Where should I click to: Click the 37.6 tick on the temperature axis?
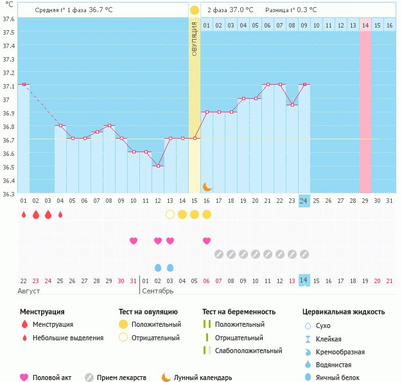[x=8, y=19]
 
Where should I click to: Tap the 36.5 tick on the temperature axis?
[x=8, y=167]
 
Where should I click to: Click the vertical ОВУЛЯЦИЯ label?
[x=195, y=38]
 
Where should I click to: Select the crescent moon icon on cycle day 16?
[x=207, y=186]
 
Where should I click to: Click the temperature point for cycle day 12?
[x=158, y=166]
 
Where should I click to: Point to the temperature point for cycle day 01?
[x=24, y=84]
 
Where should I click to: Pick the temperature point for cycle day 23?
[x=292, y=105]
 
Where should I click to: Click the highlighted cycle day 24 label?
[x=304, y=201]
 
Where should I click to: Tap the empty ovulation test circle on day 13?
[x=170, y=214]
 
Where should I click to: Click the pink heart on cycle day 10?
[x=134, y=241]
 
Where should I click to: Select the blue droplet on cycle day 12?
[x=158, y=267]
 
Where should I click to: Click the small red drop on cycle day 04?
[x=60, y=214]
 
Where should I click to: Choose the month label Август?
[x=29, y=291]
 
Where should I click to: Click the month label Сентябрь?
[x=158, y=291]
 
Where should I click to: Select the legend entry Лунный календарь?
[x=203, y=378]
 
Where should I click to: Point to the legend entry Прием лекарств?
[x=121, y=378]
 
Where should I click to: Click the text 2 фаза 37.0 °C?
[x=230, y=10]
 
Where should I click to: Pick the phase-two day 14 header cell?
[x=365, y=25]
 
